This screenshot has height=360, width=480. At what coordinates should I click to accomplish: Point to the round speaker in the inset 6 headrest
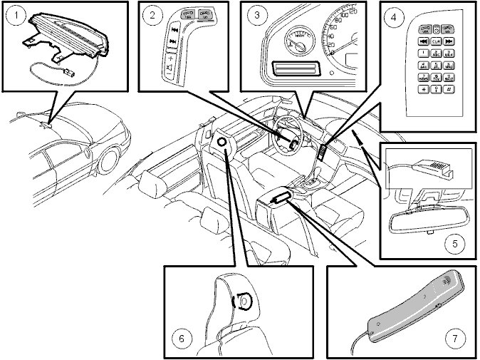pyautogui.click(x=244, y=302)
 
